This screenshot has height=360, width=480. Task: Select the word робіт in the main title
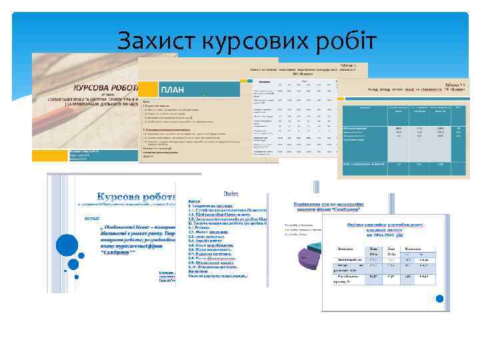pos(343,41)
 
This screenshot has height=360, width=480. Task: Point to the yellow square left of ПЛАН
pos(147,89)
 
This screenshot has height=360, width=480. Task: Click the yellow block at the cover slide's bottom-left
pos(50,155)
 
